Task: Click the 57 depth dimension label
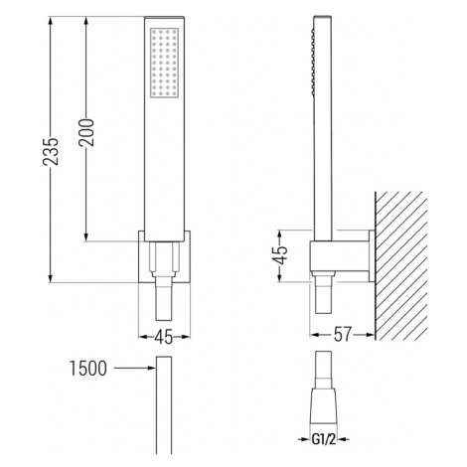(342, 337)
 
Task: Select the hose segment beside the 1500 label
(159, 407)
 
